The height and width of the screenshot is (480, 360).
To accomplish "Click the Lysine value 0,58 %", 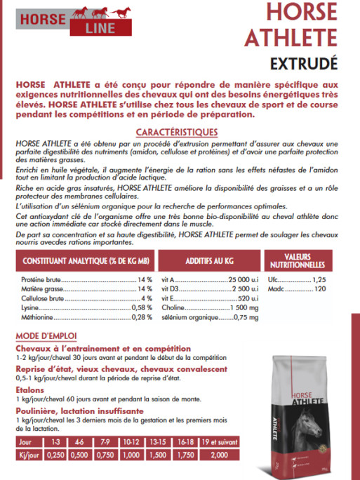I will [x=140, y=307].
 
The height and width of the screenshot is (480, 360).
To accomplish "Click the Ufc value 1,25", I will [x=319, y=279].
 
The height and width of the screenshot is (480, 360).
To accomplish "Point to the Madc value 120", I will [x=320, y=288].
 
